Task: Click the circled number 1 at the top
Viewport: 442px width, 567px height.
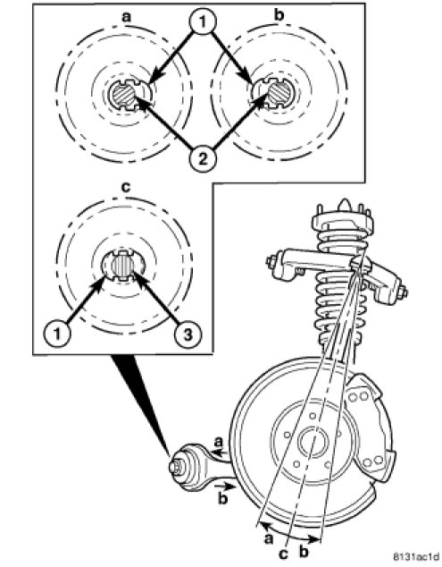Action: pyautogui.click(x=203, y=22)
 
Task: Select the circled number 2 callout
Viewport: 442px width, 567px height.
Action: pyautogui.click(x=203, y=158)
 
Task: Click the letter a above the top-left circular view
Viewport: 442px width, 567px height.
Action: pyautogui.click(x=126, y=17)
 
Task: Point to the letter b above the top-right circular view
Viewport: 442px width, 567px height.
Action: pyautogui.click(x=279, y=15)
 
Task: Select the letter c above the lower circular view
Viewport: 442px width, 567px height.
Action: pyautogui.click(x=126, y=187)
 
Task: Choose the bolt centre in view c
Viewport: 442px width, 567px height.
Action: pyautogui.click(x=122, y=266)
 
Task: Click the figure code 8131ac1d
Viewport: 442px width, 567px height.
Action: pyautogui.click(x=415, y=555)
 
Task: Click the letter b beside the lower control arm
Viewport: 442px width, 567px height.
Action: pyautogui.click(x=223, y=498)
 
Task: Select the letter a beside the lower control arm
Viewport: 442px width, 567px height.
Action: pyautogui.click(x=218, y=442)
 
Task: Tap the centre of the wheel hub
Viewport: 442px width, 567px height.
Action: pyautogui.click(x=313, y=440)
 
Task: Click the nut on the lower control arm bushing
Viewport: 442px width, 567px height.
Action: pyautogui.click(x=176, y=467)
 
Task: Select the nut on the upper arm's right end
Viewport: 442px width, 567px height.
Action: pyautogui.click(x=403, y=292)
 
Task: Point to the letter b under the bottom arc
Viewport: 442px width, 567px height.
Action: pyautogui.click(x=304, y=552)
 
